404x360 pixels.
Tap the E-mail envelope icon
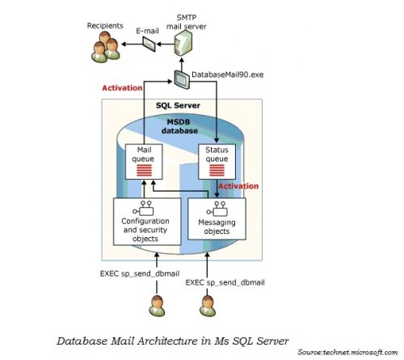(x=149, y=44)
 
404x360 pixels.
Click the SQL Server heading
(x=179, y=106)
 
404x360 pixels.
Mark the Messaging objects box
(x=217, y=221)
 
